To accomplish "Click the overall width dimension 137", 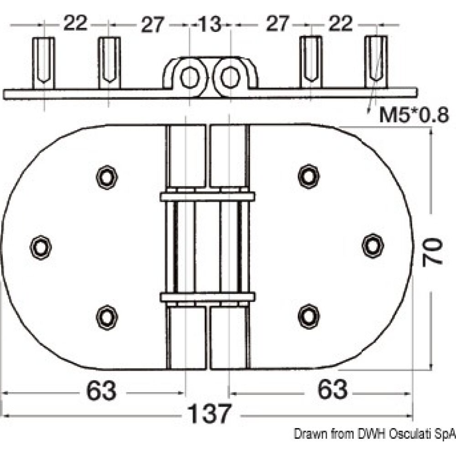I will click(x=210, y=415).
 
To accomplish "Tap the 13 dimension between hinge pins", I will click(x=210, y=24).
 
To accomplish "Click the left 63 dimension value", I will click(x=101, y=391).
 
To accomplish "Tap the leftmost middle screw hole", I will click(x=41, y=247).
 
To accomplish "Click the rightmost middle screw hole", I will click(x=373, y=245).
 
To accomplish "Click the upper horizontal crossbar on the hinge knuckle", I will click(x=207, y=197).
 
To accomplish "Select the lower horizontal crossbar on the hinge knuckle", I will click(x=207, y=297).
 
